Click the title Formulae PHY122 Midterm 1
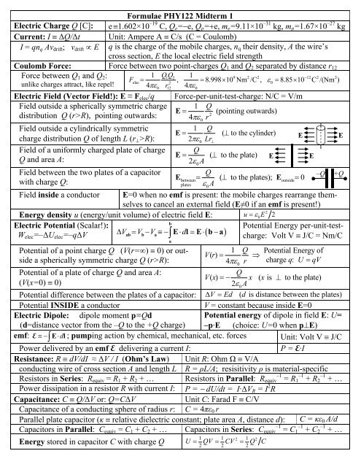click(x=180, y=6)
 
